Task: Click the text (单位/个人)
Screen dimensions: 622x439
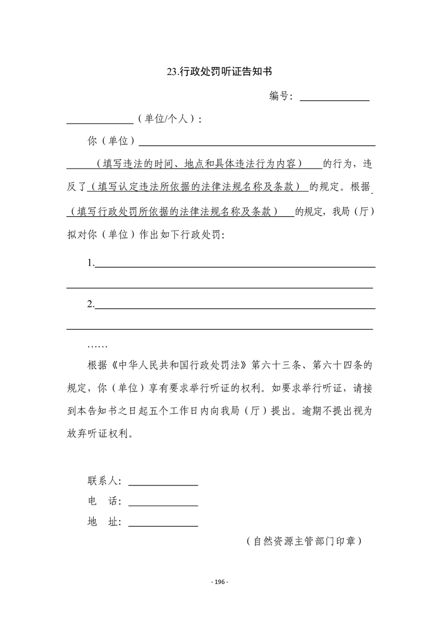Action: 169,119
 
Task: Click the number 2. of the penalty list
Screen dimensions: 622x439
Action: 91,304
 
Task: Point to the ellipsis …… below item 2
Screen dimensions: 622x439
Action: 98,345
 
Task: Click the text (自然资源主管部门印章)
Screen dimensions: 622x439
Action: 304,541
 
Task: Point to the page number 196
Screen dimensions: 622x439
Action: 220,582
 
